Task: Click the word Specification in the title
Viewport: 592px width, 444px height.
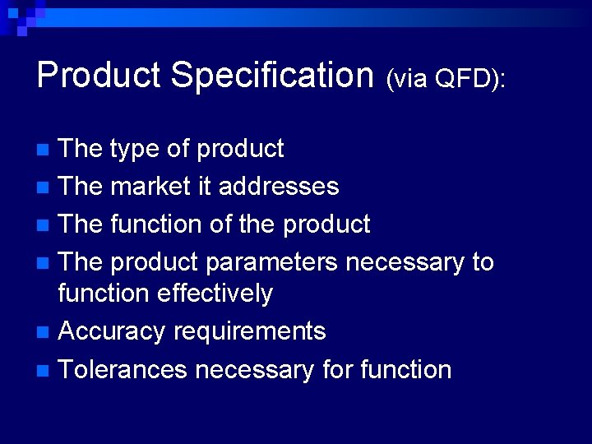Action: [x=272, y=75]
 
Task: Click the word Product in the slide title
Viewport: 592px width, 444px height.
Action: [x=99, y=75]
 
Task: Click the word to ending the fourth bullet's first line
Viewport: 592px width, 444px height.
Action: [x=483, y=263]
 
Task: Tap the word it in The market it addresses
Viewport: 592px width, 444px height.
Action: [x=204, y=187]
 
